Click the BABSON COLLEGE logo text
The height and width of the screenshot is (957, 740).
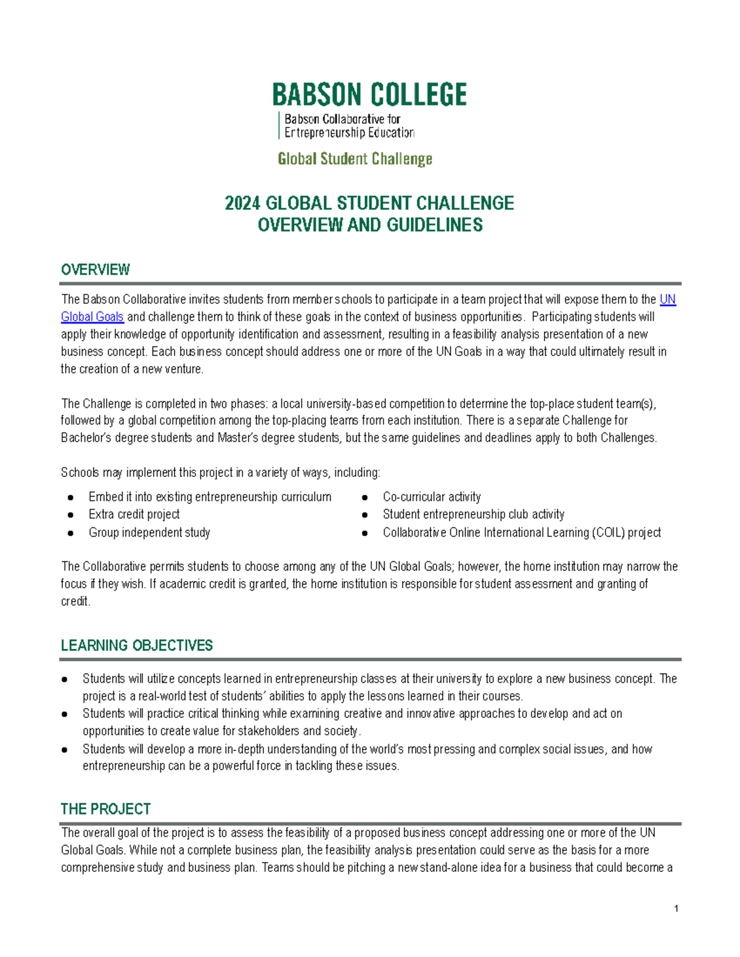pyautogui.click(x=369, y=96)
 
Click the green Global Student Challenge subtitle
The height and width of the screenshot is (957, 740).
pyautogui.click(x=355, y=159)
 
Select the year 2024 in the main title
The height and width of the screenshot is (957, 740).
pyautogui.click(x=243, y=203)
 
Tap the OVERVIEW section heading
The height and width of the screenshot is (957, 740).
pyautogui.click(x=96, y=270)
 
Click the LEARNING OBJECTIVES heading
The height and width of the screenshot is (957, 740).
pyautogui.click(x=136, y=646)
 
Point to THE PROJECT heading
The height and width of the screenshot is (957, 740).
pyautogui.click(x=105, y=809)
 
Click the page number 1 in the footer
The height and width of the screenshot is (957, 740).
pyautogui.click(x=676, y=908)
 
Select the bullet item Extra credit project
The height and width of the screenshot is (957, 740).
pyautogui.click(x=134, y=515)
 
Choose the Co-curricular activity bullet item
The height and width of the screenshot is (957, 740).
pyautogui.click(x=432, y=497)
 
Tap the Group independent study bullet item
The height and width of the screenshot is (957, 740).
pyautogui.click(x=149, y=532)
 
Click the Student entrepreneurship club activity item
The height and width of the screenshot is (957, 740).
pyautogui.click(x=473, y=515)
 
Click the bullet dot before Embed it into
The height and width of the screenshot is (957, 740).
pyautogui.click(x=71, y=497)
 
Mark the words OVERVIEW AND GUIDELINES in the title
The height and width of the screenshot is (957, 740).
pyautogui.click(x=370, y=226)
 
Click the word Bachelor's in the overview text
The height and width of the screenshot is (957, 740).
pyautogui.click(x=86, y=438)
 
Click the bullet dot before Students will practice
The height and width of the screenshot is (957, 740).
pyautogui.click(x=65, y=714)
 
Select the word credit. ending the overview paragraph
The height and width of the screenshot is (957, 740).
pyautogui.click(x=75, y=601)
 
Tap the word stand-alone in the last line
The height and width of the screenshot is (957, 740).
pyautogui.click(x=447, y=868)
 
